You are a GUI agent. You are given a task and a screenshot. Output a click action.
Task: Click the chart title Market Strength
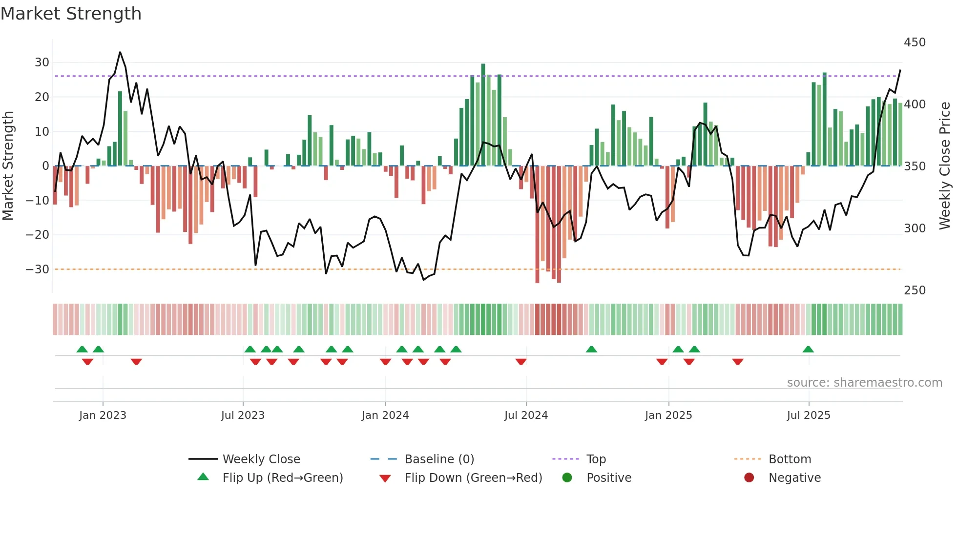tap(71, 14)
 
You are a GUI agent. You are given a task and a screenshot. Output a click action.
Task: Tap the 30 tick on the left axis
tap(42, 62)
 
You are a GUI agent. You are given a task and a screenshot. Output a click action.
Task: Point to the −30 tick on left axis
tap(38, 269)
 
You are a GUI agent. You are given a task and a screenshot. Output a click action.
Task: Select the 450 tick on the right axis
tap(915, 42)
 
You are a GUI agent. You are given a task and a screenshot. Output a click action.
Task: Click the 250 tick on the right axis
tap(915, 290)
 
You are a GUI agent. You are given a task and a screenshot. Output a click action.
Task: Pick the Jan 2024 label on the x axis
tap(385, 415)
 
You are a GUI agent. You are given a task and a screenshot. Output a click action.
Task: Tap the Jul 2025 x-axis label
tap(808, 415)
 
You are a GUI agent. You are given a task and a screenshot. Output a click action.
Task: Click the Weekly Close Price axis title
tap(945, 166)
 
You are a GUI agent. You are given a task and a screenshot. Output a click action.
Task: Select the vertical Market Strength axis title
tap(8, 166)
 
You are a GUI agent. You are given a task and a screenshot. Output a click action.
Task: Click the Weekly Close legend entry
tap(261, 459)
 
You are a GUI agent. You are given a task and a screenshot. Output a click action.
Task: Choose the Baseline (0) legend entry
tap(439, 459)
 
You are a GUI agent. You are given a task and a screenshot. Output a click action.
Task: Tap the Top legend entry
tap(596, 459)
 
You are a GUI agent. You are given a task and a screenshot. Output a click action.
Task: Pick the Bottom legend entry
tap(790, 459)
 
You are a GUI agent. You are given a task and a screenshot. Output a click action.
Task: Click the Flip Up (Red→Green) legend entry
tap(282, 478)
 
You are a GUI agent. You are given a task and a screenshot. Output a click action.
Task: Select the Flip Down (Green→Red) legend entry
tap(473, 478)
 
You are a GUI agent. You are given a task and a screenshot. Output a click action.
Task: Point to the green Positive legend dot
tap(567, 477)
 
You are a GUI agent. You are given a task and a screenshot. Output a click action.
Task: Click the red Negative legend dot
tap(749, 477)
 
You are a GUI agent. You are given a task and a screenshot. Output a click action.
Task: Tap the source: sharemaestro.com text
tap(864, 383)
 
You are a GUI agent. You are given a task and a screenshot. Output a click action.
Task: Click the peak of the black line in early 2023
tap(120, 52)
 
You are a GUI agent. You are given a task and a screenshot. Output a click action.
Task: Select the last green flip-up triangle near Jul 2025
tap(808, 350)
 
